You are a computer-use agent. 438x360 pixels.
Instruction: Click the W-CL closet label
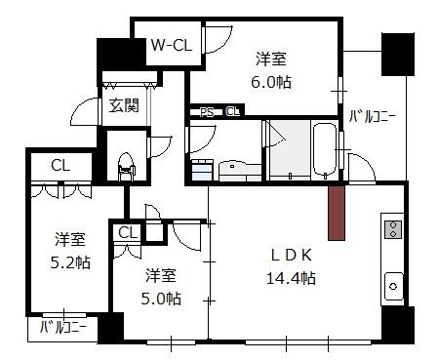point(172,45)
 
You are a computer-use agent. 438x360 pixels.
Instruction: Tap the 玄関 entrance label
point(124,105)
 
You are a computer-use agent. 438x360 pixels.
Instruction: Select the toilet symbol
point(127,166)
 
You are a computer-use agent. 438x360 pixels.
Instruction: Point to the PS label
point(207,112)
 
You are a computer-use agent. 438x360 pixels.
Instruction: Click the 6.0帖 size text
point(271,82)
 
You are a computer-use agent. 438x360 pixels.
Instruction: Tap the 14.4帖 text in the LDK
point(291,278)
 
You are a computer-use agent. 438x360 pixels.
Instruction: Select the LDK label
point(292,255)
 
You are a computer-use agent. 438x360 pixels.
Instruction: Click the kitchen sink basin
point(394,287)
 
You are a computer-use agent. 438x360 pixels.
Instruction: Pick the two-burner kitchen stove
point(393,229)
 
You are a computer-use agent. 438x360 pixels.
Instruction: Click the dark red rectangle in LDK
point(337,214)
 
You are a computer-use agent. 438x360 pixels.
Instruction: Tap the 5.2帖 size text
point(70,262)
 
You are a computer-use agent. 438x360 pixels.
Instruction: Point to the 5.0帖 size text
point(161,299)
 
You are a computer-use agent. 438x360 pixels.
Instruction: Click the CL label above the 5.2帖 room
point(60,166)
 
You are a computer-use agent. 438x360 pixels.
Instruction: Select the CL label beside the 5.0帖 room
point(128,233)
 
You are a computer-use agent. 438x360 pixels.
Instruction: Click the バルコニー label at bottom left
point(63,327)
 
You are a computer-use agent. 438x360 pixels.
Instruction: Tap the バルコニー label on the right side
point(373,116)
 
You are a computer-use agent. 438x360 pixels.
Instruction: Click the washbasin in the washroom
point(240,170)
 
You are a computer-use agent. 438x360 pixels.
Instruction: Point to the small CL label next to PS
point(233,112)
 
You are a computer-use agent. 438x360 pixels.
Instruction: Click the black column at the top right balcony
point(398,55)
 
